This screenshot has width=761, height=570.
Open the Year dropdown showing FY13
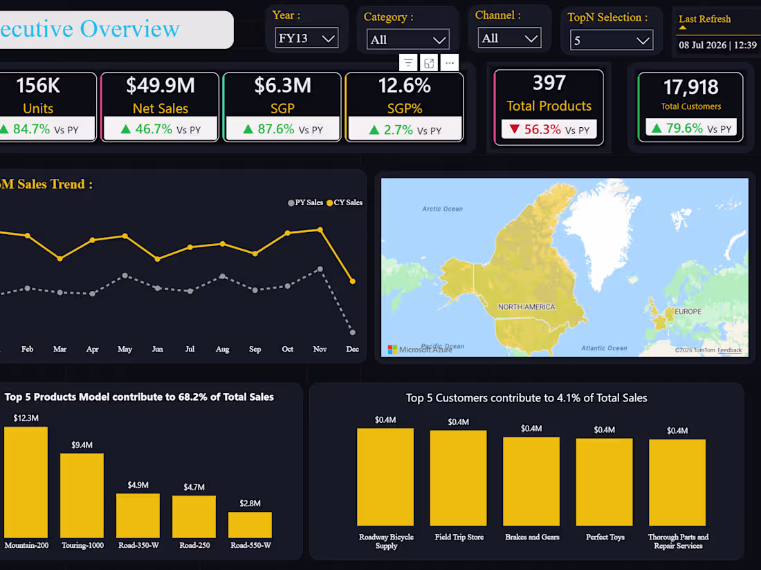coord(306,38)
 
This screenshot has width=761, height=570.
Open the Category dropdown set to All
coord(408,40)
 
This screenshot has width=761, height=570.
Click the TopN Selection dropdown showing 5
coord(612,40)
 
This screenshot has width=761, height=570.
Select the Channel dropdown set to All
coord(510,38)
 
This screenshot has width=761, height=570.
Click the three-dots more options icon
coord(450,63)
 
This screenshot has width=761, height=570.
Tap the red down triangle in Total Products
coord(515,129)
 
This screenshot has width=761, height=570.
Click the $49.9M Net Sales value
coord(161,85)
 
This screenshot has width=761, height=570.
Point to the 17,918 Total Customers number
coord(690,87)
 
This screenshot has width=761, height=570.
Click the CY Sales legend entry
coord(345,202)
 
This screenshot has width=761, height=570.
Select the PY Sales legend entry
coord(305,202)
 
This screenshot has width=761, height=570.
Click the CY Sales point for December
coord(353,281)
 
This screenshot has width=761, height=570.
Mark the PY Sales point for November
coord(320,269)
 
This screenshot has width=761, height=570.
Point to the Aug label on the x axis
coord(222,349)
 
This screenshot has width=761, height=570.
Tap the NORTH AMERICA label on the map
coord(526,307)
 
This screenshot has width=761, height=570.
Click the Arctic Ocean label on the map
coord(442,209)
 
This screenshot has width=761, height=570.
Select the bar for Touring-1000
coord(82,495)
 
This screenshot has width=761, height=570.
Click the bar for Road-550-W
coord(250,525)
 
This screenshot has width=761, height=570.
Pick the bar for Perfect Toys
coord(604,482)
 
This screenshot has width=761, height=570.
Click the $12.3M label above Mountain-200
coord(26,418)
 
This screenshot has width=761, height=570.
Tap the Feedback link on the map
coord(729,350)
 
